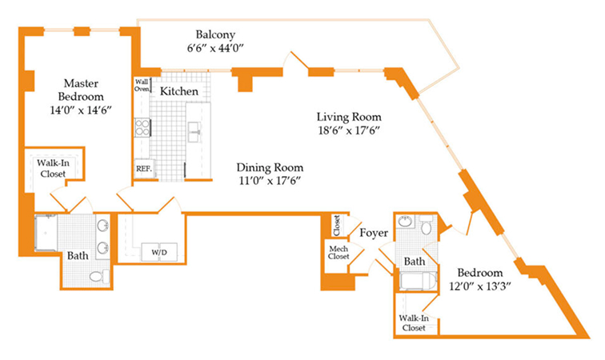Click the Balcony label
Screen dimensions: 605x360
pos(215,34)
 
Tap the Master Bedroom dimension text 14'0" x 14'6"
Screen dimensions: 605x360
pos(81,110)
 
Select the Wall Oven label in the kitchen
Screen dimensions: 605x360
pos(142,86)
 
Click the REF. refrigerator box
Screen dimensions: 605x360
pos(144,169)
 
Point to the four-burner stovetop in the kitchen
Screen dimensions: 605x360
pos(142,128)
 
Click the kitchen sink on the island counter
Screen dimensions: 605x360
pos(194,132)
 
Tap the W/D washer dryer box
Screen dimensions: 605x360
pos(159,252)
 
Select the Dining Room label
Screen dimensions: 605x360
pos(270,167)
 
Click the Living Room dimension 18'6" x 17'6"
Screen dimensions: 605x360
pos(349,130)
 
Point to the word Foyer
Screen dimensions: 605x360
pos(374,233)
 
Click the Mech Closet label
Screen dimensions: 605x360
pos(339,253)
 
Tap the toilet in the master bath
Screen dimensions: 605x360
pos(99,276)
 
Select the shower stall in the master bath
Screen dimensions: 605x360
pos(46,233)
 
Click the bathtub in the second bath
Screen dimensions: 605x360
pos(419,282)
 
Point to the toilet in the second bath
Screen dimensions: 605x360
pos(426,225)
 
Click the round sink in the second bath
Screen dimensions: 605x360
pos(405,222)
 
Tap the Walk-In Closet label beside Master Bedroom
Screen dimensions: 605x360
pos(53,169)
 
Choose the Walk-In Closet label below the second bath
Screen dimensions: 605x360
pos(414,323)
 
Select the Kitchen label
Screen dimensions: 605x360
pos(179,91)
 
